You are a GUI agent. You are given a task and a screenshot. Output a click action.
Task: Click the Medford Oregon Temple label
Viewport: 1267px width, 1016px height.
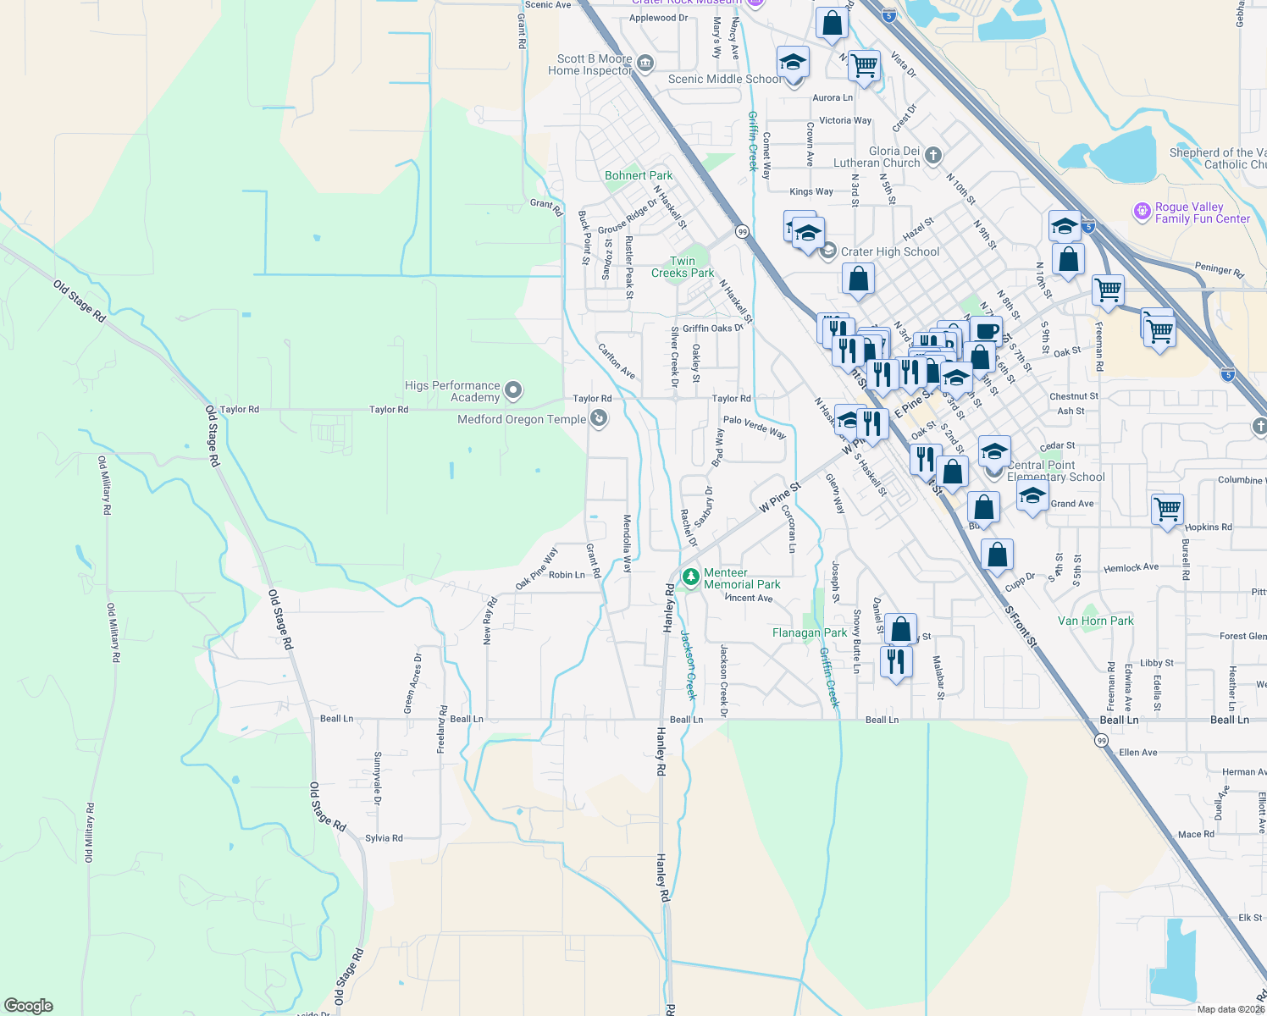pos(521,419)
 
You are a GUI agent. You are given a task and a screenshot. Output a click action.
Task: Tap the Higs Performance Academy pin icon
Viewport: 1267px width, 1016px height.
pos(513,390)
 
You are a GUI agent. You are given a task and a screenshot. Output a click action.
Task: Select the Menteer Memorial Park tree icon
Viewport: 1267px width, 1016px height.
pos(691,577)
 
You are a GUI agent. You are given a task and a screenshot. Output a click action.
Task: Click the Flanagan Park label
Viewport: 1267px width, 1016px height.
pos(809,632)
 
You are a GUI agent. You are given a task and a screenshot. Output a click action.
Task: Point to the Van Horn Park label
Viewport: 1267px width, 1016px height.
pos(1095,621)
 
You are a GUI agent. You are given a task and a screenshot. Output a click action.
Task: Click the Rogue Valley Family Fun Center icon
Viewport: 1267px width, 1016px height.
pos(1143,210)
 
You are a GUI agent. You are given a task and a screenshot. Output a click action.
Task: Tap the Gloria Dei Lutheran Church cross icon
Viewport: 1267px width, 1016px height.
pos(932,155)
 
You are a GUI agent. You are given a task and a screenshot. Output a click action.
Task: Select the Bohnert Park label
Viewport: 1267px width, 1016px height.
pos(639,175)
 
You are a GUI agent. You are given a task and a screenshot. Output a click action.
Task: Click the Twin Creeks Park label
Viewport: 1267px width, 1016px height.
pos(683,267)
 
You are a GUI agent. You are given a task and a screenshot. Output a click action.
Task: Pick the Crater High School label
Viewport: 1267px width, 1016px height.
pos(889,251)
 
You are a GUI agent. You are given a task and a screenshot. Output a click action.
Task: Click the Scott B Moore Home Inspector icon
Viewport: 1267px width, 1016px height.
pos(645,63)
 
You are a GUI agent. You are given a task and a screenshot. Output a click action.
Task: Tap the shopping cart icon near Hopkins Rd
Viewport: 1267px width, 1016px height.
pos(1167,510)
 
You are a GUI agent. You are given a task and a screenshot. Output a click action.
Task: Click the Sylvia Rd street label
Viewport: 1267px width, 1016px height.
pos(384,838)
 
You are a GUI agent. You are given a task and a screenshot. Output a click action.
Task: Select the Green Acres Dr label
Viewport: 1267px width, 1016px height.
pos(412,682)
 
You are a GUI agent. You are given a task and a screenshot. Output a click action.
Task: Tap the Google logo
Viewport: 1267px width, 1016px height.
pos(28,1005)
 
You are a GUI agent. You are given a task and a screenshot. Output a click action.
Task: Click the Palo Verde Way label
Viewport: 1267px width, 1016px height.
pos(754,426)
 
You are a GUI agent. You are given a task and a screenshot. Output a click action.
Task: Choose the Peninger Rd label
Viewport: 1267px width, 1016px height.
pos(1219,270)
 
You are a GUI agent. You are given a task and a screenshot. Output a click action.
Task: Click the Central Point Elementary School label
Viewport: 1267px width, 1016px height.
pos(1055,471)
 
